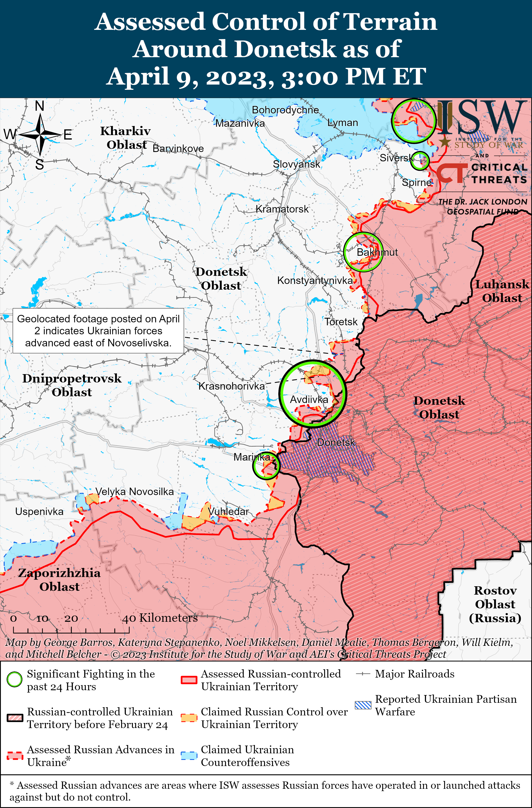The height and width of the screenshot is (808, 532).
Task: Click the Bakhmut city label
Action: pyautogui.click(x=377, y=252)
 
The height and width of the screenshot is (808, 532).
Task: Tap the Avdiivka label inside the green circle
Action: pyautogui.click(x=309, y=400)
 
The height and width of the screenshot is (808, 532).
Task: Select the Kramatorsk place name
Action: pyautogui.click(x=282, y=209)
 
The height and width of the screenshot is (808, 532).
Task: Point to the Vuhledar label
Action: pyautogui.click(x=228, y=511)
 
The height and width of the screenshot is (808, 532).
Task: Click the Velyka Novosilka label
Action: pyautogui.click(x=134, y=492)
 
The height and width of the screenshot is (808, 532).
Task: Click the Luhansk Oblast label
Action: pyautogui.click(x=502, y=291)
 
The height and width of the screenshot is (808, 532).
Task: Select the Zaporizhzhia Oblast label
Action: pyautogui.click(x=59, y=580)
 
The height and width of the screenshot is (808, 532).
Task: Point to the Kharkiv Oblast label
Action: pyautogui.click(x=126, y=138)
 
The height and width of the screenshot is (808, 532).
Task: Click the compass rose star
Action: pyautogui.click(x=40, y=135)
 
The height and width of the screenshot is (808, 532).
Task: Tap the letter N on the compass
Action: pyautogui.click(x=40, y=106)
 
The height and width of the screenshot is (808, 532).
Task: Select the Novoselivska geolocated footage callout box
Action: pyautogui.click(x=98, y=331)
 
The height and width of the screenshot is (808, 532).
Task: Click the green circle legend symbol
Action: pyautogui.click(x=15, y=680)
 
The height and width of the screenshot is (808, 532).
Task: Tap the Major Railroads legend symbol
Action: pyautogui.click(x=363, y=674)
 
